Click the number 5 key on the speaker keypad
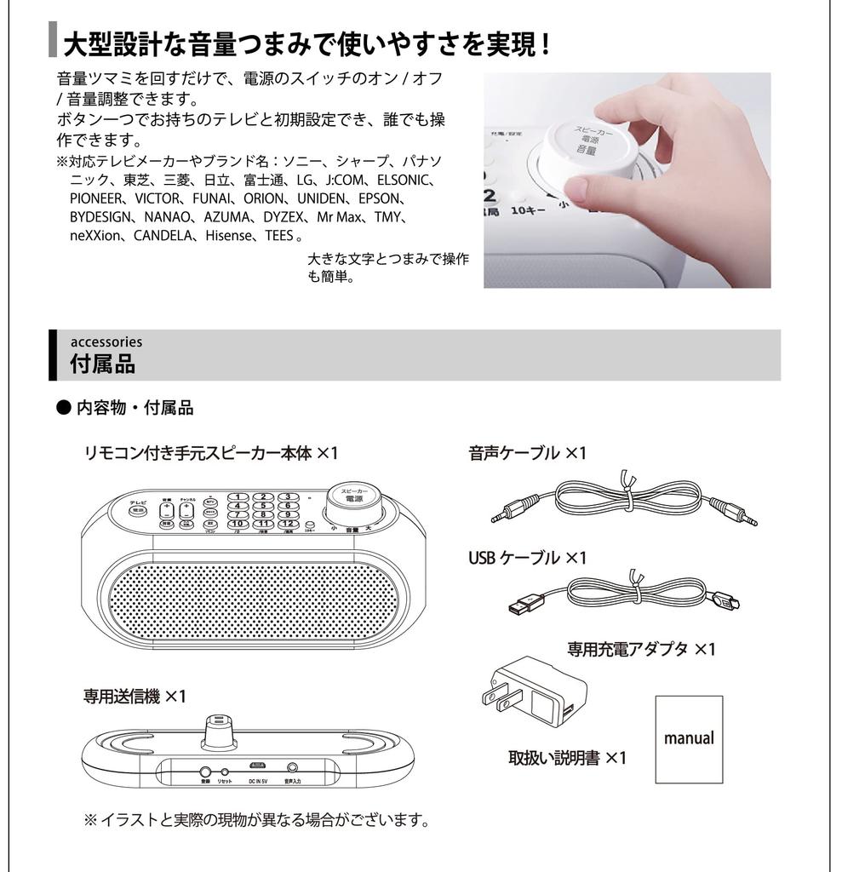click(265, 505)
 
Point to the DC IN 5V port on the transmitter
click(258, 768)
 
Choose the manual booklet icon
click(689, 738)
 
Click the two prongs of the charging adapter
click(495, 691)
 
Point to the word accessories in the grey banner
click(106, 341)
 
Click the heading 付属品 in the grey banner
click(102, 364)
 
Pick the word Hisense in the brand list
click(229, 235)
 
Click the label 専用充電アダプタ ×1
click(641, 650)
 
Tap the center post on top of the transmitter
click(220, 726)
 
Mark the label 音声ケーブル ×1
click(527, 453)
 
